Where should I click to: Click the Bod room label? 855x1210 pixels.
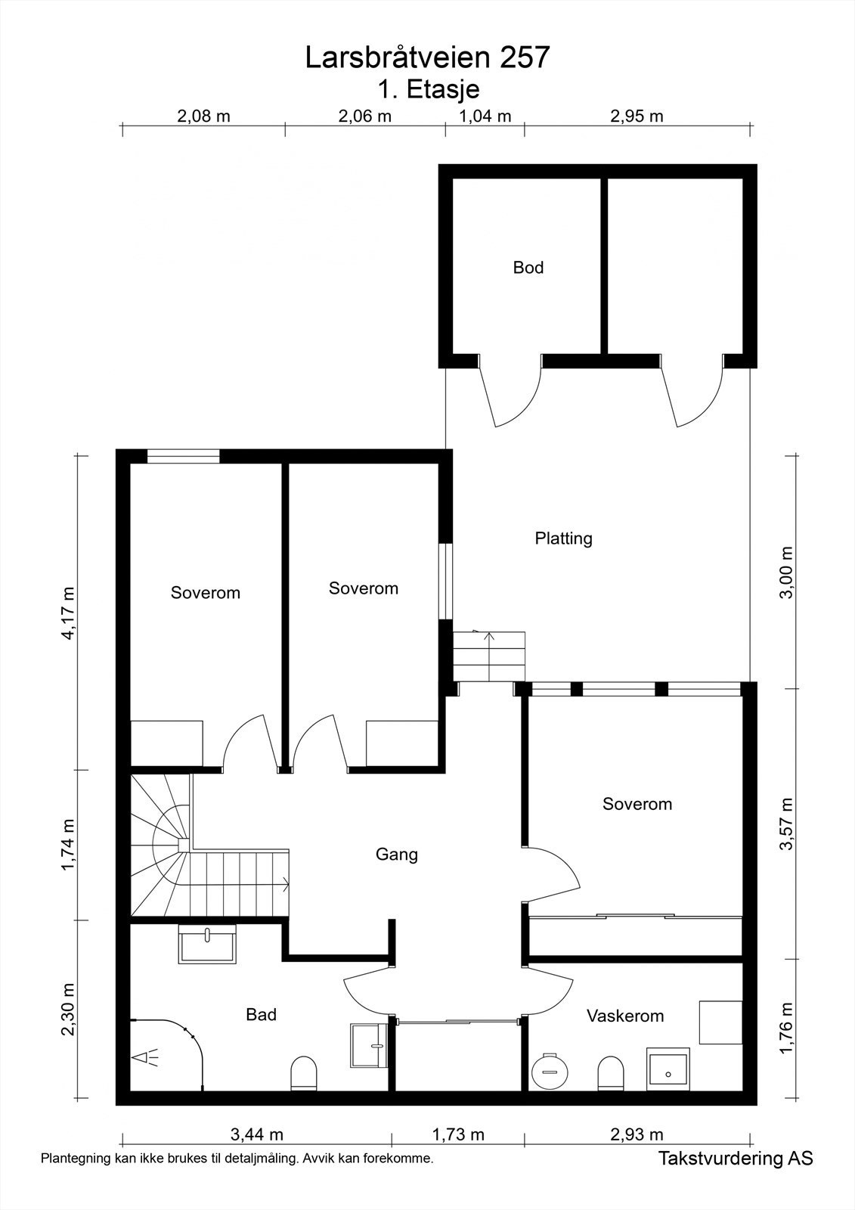click(x=528, y=268)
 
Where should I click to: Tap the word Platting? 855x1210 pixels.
click(x=563, y=538)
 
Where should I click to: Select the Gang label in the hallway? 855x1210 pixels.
click(x=396, y=855)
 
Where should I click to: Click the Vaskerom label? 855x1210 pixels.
click(x=625, y=1016)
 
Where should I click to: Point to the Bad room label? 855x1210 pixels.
click(x=261, y=1014)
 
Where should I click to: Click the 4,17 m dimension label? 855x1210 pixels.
click(x=69, y=613)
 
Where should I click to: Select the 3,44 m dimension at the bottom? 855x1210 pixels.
click(x=256, y=1134)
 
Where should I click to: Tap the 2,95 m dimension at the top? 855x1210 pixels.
click(x=637, y=116)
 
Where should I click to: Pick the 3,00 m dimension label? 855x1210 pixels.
click(x=787, y=572)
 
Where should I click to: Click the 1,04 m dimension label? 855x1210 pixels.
click(x=485, y=116)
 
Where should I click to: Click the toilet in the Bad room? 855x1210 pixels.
click(x=304, y=1073)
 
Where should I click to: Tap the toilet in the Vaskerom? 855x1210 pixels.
click(x=611, y=1073)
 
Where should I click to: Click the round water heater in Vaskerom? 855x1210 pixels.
click(x=550, y=1070)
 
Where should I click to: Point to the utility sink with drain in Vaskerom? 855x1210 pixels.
click(x=668, y=1069)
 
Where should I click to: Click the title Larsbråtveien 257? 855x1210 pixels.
click(x=427, y=57)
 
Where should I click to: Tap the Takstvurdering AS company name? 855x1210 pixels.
click(x=736, y=1158)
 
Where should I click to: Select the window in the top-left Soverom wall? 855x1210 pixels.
click(x=184, y=457)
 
